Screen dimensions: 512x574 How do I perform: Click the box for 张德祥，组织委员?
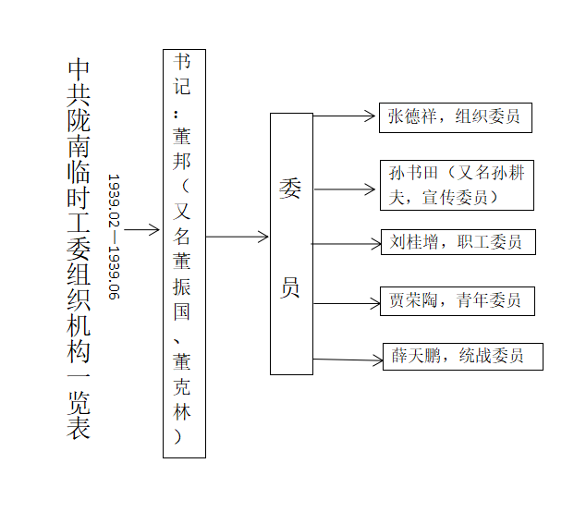coord(456,117)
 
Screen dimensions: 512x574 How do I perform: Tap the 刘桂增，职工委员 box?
coord(457,242)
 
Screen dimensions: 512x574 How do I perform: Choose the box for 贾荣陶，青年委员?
coord(457,300)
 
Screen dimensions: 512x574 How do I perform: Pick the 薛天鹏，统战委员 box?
coord(462,356)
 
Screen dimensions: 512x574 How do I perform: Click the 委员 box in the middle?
coord(291,243)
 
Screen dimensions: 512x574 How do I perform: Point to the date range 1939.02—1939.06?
coord(114,237)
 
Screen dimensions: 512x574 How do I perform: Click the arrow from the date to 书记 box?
coord(141,230)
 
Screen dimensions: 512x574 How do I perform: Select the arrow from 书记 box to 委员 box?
coord(237,237)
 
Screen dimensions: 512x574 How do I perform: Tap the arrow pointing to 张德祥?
coord(344,117)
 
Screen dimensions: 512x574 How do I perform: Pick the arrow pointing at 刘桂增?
coord(347,244)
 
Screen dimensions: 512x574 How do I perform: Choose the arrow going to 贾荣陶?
coord(347,302)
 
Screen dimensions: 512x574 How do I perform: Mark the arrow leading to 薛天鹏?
coord(348,360)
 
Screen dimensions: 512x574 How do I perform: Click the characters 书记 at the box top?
coord(183,75)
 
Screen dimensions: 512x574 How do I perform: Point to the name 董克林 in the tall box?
coord(183,388)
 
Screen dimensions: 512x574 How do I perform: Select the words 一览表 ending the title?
coord(79,403)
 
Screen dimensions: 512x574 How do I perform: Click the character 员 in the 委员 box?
coord(290,287)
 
